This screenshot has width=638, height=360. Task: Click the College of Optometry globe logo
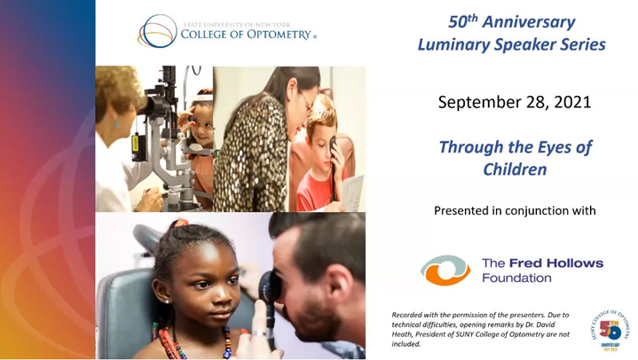[x=157, y=30]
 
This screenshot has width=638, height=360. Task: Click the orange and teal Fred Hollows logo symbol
[x=445, y=270]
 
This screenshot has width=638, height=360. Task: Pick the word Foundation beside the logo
[x=516, y=278]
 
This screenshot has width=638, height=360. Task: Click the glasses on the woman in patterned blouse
[x=305, y=99]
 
